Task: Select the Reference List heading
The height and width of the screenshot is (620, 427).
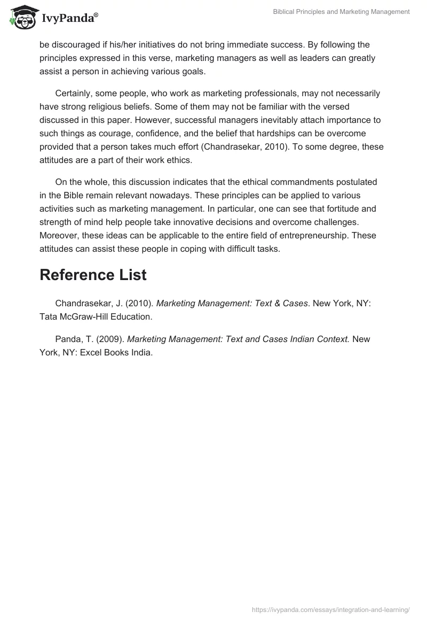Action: (x=93, y=275)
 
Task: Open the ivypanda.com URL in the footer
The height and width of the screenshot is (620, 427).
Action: (x=330, y=609)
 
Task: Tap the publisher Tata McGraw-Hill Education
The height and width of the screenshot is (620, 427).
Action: (x=96, y=316)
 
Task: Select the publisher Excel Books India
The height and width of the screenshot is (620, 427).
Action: (x=116, y=352)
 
